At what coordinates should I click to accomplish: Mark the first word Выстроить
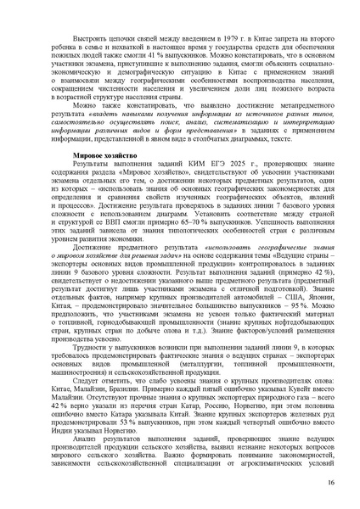(x=76, y=39)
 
